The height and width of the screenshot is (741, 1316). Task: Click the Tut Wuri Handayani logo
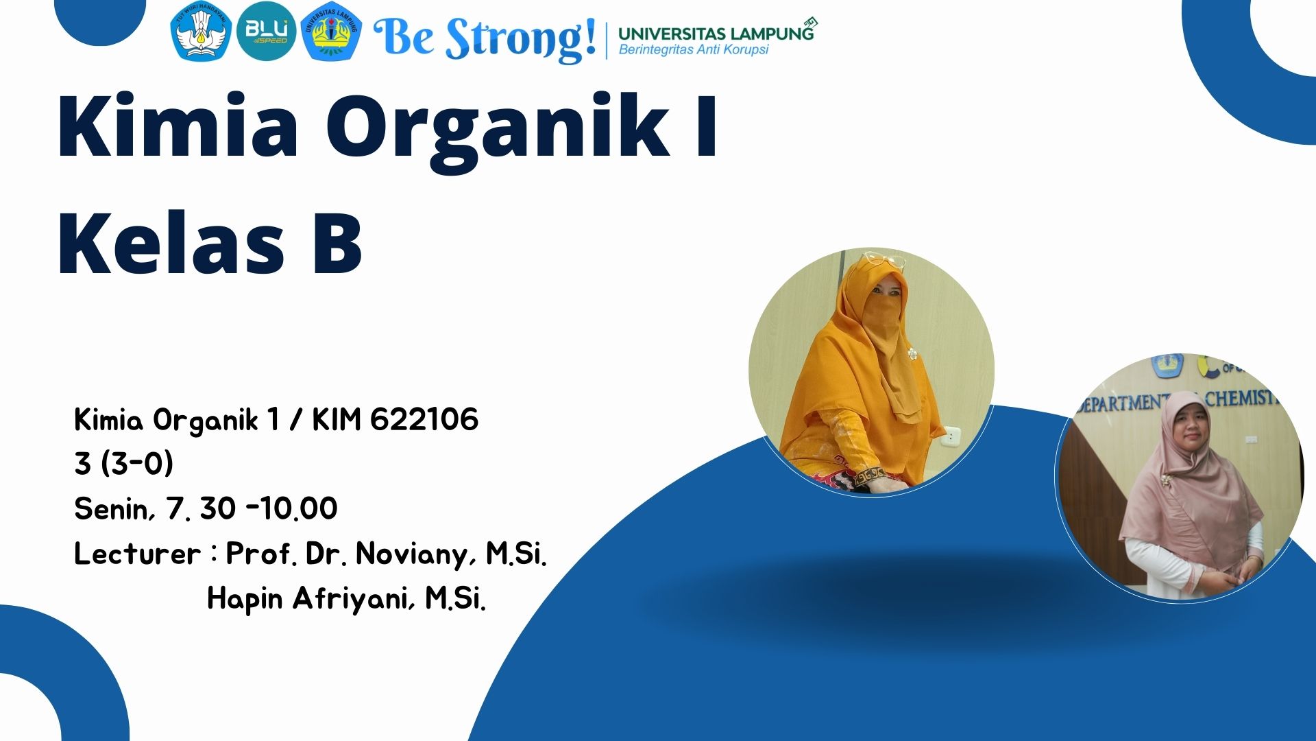[x=200, y=31]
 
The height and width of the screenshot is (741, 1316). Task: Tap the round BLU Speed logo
[x=266, y=31]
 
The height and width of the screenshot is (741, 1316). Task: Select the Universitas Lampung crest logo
[x=332, y=31]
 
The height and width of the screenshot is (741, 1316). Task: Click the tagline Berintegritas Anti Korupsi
[x=694, y=49]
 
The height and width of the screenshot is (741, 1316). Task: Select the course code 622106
[x=424, y=420]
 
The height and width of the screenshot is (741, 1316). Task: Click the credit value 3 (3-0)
[x=124, y=464]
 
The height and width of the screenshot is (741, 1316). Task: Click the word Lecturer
[x=137, y=554]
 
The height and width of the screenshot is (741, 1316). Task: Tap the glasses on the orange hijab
[x=884, y=260]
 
